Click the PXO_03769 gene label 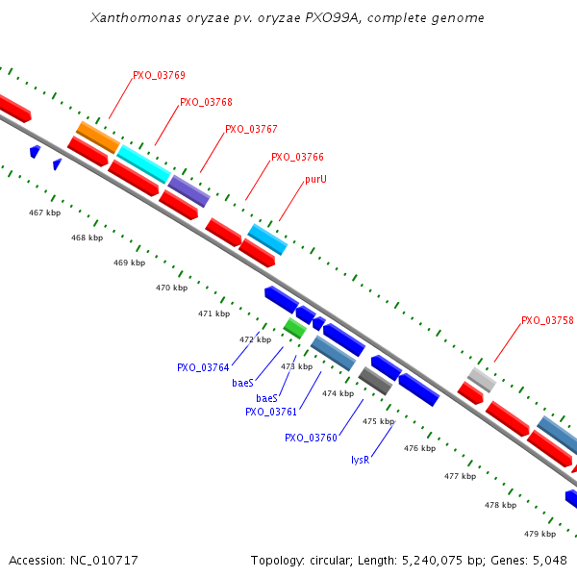[159, 75]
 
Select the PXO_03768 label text [206, 102]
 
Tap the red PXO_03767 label [251, 129]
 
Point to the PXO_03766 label [297, 157]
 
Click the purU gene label [315, 180]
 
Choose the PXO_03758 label [547, 321]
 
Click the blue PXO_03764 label [203, 367]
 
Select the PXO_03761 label [271, 412]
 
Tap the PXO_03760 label [311, 438]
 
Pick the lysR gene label [360, 460]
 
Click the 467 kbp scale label [44, 213]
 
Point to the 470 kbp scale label [171, 288]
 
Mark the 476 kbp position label [419, 448]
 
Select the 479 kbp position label [539, 534]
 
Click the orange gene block [97, 137]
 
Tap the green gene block [294, 328]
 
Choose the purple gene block [188, 190]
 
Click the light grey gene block [482, 379]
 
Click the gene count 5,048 [548, 560]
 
